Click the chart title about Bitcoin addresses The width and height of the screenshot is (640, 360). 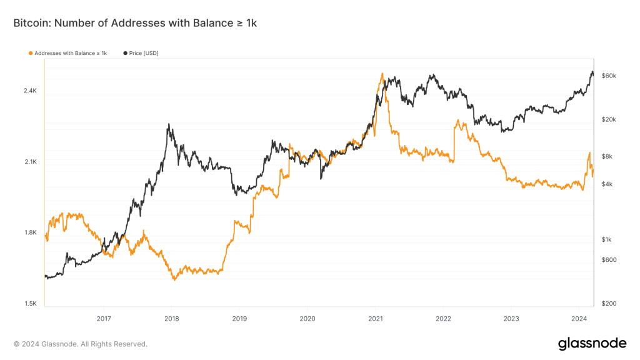135,23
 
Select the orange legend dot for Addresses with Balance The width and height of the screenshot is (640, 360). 31,53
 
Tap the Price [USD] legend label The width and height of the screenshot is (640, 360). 144,53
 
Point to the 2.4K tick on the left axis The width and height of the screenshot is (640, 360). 31,91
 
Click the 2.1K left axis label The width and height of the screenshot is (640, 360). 31,162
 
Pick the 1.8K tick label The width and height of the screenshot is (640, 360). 31,233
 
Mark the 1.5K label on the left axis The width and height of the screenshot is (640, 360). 31,304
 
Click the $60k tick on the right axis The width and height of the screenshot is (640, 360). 609,76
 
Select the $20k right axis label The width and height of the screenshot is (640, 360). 609,119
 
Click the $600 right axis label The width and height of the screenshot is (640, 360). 609,260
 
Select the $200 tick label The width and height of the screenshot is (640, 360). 609,304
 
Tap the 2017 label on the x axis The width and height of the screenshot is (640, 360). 104,318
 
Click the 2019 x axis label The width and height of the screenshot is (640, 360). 239,318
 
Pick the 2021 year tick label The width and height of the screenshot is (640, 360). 375,318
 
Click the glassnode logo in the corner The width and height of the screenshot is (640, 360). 592,343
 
